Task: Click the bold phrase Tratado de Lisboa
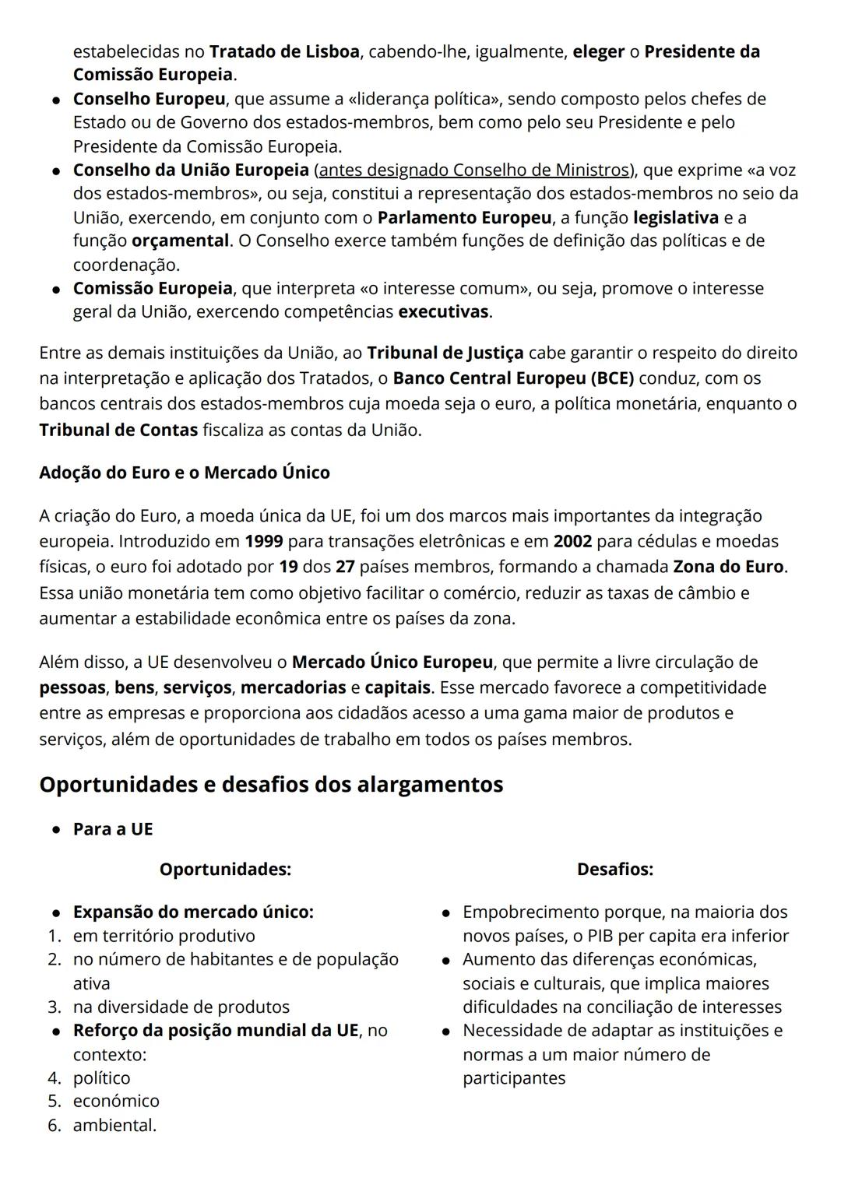click(x=284, y=51)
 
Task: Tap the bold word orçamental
click(x=180, y=241)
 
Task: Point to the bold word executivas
click(x=444, y=312)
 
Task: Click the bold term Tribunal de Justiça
click(x=445, y=353)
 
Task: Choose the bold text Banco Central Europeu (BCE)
click(x=513, y=378)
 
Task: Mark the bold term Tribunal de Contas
click(x=118, y=430)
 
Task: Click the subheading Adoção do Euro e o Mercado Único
click(x=185, y=473)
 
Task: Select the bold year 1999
click(x=263, y=541)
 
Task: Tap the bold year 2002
click(x=572, y=541)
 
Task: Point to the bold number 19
click(x=288, y=567)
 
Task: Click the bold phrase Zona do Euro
click(x=728, y=567)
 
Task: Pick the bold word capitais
click(x=397, y=687)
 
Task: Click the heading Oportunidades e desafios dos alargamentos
click(x=271, y=784)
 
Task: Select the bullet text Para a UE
click(x=113, y=829)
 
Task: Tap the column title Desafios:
click(x=614, y=869)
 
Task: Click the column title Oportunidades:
click(x=225, y=869)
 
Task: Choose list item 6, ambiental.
click(x=114, y=1125)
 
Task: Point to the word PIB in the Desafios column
click(x=603, y=936)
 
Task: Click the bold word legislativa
click(x=675, y=217)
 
